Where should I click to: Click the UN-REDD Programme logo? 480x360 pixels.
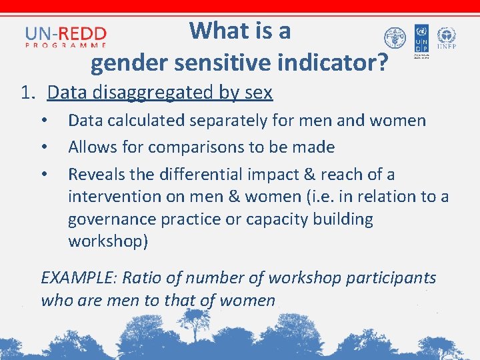[x=65, y=36]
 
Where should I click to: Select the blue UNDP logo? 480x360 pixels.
[x=421, y=39]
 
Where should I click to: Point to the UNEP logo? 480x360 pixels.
[x=446, y=39]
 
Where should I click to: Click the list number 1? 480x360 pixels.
[x=27, y=93]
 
